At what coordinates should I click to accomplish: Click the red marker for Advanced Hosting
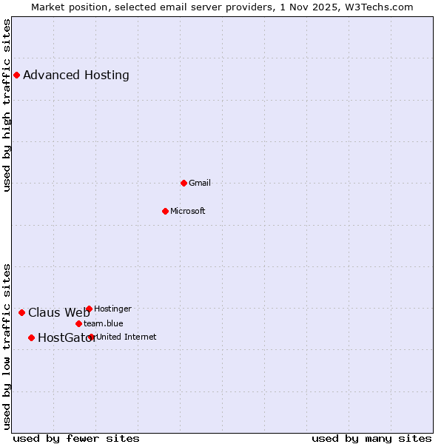point(16,75)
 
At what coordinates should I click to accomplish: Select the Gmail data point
point(184,183)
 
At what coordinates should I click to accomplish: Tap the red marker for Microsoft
point(165,211)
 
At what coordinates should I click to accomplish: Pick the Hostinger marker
point(89,309)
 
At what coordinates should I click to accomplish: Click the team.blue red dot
point(78,323)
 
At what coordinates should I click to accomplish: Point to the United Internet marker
point(91,337)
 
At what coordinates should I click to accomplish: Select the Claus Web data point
point(21,312)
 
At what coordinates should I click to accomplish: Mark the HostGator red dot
point(31,337)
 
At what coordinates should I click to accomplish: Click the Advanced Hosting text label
point(76,75)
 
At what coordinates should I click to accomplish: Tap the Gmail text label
point(200,183)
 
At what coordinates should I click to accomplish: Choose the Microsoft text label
point(188,211)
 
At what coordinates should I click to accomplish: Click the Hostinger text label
point(112,309)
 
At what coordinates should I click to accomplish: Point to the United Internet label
point(127,337)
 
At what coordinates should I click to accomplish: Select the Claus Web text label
point(58,312)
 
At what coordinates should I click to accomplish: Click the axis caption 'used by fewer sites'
point(76,438)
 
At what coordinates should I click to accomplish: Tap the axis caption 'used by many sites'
point(371,438)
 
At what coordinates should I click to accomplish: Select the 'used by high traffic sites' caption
point(7,105)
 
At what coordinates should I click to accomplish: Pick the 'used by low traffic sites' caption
point(7,346)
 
